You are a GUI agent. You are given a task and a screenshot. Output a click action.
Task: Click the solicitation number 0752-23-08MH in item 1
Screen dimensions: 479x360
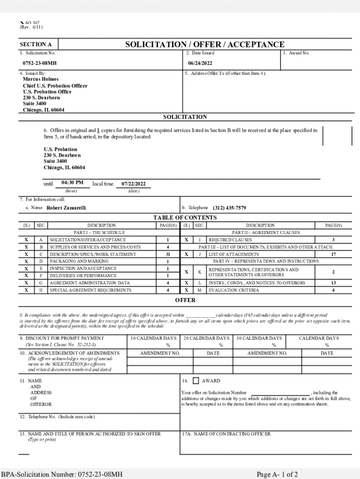click(40, 63)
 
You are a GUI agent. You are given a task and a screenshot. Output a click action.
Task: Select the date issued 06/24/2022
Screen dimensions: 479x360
click(200, 63)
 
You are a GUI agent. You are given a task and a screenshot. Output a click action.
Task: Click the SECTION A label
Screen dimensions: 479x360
click(36, 45)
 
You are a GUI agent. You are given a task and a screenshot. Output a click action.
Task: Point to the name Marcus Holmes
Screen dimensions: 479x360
click(41, 80)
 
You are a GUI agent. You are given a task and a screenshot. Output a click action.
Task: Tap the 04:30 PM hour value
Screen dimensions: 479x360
click(72, 182)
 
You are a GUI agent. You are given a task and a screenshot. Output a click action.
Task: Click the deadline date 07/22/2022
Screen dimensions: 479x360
click(133, 184)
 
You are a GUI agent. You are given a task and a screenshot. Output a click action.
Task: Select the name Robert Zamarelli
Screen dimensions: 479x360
click(66, 208)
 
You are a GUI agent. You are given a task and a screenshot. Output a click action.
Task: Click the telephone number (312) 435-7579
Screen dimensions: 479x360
click(229, 208)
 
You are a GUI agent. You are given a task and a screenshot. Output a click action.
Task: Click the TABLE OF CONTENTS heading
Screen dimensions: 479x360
click(185, 218)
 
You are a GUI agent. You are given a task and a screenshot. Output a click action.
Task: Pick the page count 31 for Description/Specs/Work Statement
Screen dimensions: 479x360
click(167, 254)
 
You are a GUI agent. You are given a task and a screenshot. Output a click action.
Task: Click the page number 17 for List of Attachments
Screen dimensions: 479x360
click(333, 254)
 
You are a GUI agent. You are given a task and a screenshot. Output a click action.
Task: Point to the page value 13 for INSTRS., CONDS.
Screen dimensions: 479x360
click(333, 283)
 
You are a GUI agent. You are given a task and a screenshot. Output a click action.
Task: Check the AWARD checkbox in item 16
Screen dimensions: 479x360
click(196, 381)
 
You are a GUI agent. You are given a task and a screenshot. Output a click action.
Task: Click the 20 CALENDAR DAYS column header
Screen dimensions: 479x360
click(206, 338)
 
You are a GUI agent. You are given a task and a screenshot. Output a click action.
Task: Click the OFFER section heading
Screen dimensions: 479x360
click(185, 300)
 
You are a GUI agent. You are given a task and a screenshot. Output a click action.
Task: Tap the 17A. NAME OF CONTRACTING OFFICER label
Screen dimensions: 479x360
click(226, 434)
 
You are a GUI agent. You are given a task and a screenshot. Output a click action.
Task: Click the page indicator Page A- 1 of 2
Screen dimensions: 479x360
click(281, 474)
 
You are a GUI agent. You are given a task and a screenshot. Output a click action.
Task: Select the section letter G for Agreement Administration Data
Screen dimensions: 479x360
click(41, 283)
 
